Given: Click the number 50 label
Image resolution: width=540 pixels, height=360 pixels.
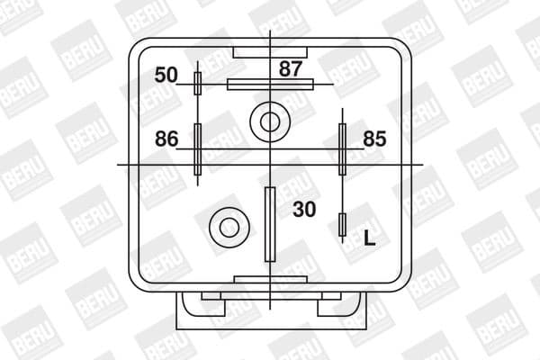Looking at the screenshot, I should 166,74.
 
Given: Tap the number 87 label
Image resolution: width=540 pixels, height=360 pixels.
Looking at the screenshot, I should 291,67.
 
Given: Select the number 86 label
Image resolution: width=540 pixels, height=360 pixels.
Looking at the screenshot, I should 167,139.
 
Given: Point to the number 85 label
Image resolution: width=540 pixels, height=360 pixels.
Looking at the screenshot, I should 375,139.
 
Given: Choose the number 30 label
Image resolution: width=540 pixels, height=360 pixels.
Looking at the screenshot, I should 304,210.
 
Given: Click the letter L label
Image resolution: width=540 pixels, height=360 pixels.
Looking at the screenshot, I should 369,238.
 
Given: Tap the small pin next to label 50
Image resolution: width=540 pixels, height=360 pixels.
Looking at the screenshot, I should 198,84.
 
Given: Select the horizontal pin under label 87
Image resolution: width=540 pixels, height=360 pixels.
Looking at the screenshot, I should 270,85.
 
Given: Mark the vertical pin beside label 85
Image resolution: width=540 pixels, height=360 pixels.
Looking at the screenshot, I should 342,148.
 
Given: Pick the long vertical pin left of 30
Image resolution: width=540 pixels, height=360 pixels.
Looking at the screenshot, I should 269,223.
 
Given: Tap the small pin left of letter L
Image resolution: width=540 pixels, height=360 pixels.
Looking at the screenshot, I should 341,225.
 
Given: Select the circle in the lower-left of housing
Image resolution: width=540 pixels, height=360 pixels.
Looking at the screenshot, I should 225,225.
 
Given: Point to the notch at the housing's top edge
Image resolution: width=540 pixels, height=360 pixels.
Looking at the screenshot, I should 269,50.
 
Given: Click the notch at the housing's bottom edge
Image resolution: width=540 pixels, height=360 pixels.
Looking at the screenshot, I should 269,283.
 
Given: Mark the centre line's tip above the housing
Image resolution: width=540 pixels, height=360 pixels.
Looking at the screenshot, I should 270,32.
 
